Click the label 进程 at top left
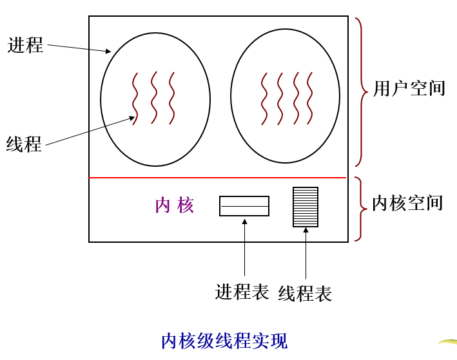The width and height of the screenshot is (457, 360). pyautogui.click(x=26, y=45)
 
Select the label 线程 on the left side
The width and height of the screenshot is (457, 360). pyautogui.click(x=24, y=144)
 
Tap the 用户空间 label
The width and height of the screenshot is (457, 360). pyautogui.click(x=409, y=88)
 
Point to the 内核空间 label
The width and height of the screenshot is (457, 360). pyautogui.click(x=407, y=203)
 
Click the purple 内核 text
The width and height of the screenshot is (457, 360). pyautogui.click(x=175, y=205)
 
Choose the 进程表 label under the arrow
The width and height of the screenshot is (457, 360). pyautogui.click(x=242, y=292)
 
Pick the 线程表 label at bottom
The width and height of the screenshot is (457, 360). pyautogui.click(x=305, y=294)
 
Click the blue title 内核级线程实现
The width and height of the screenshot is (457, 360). pyautogui.click(x=224, y=341)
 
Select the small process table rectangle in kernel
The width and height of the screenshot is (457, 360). pyautogui.click(x=244, y=206)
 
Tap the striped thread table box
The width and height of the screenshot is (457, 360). pyautogui.click(x=306, y=207)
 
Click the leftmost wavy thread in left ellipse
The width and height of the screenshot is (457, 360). pyautogui.click(x=135, y=98)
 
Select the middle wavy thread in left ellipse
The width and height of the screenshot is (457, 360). pyautogui.click(x=153, y=98)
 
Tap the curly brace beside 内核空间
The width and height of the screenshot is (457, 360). pyautogui.click(x=359, y=209)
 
